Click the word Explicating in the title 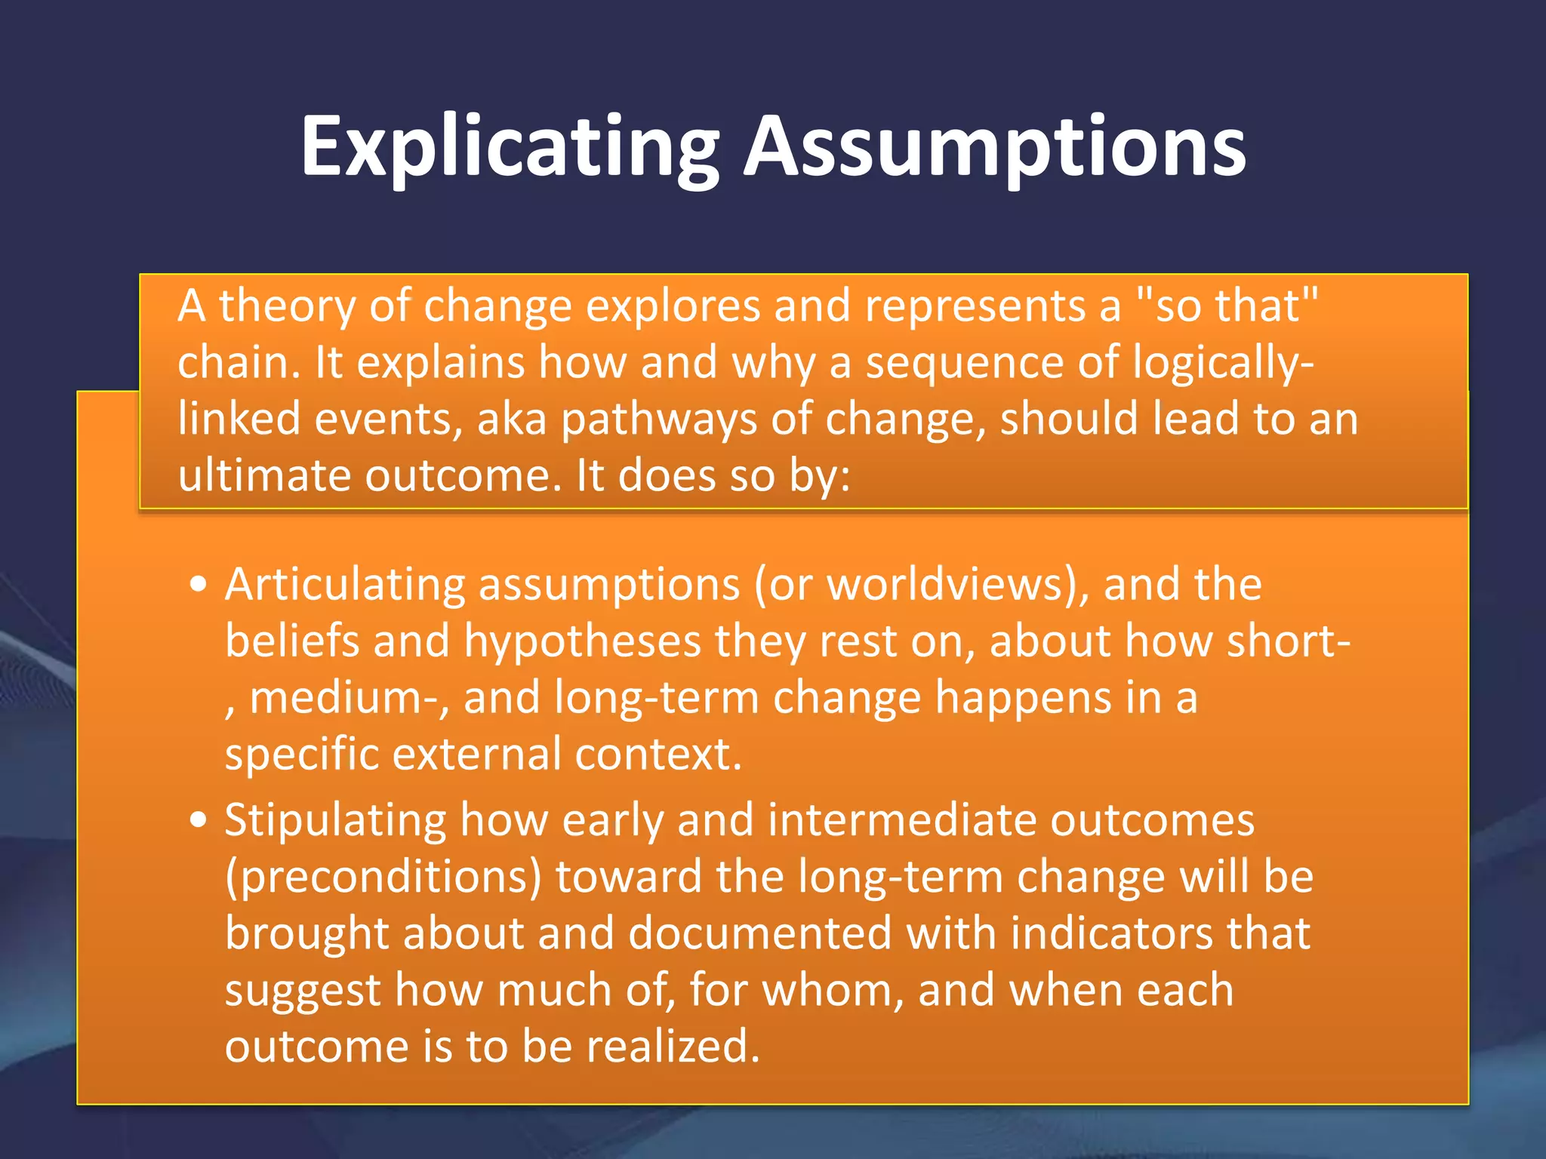(510, 147)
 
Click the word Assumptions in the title (994, 147)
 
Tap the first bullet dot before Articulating (199, 585)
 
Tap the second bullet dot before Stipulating (199, 820)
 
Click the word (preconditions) (383, 878)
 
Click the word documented (759, 934)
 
